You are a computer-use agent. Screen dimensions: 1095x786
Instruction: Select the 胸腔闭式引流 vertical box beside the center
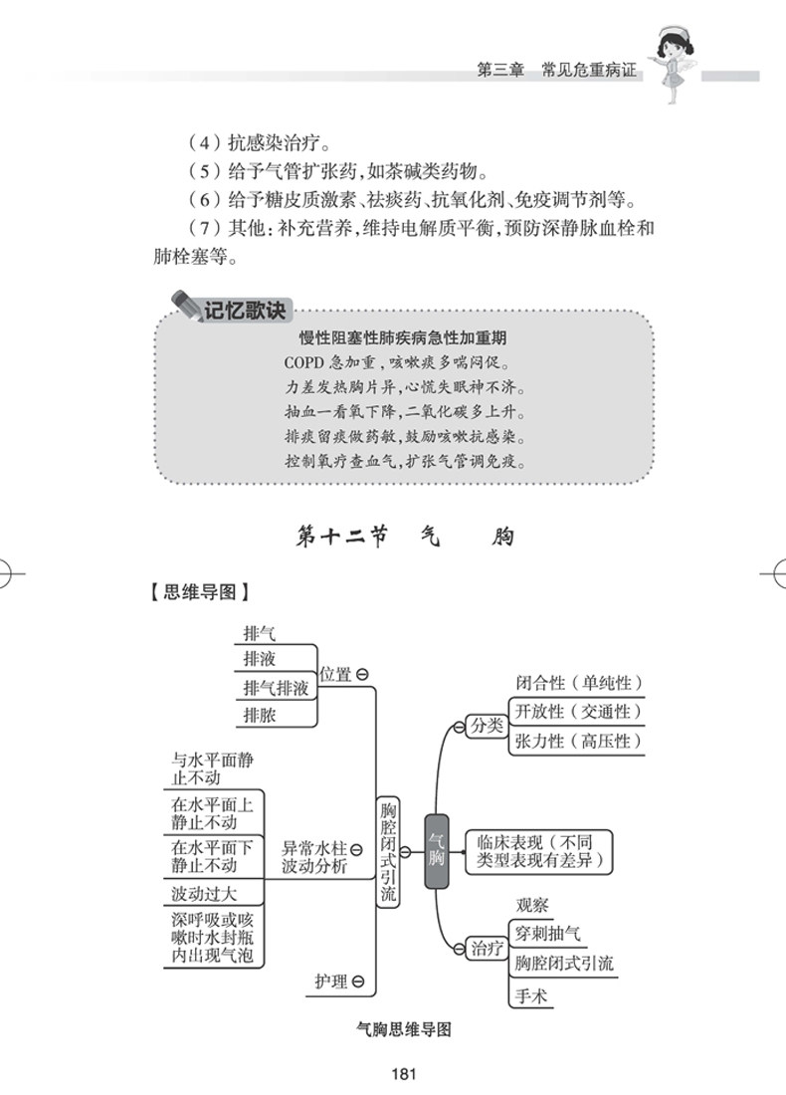389,850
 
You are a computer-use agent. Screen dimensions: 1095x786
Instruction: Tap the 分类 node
487,725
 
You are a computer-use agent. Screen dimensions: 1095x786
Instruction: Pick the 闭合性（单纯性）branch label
578,683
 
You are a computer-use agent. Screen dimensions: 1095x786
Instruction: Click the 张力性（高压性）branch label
578,741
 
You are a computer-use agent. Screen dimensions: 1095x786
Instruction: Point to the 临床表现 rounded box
538,851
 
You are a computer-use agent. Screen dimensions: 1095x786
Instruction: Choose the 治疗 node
487,948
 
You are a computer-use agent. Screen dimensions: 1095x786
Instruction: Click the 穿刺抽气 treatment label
546,934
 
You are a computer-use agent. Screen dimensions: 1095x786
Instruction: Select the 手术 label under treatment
531,994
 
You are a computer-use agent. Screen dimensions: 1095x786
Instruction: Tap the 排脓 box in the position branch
261,715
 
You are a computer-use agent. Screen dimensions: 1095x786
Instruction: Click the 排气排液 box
276,688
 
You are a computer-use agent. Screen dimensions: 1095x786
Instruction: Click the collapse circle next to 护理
358,982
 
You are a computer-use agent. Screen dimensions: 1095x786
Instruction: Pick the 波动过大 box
203,892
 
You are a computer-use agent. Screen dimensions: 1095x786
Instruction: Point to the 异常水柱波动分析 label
314,857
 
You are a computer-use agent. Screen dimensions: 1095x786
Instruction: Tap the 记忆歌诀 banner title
244,310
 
